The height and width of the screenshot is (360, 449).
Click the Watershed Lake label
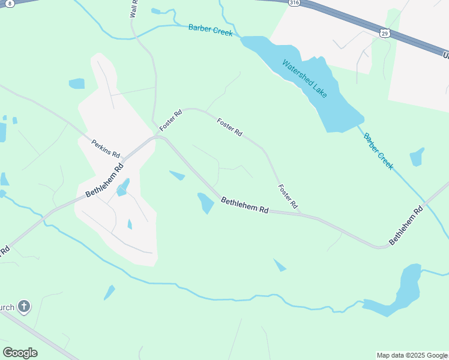pyautogui.click(x=305, y=78)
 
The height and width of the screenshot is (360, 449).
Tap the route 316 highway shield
pyautogui.click(x=294, y=3)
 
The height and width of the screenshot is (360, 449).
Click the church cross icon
pyautogui.click(x=23, y=307)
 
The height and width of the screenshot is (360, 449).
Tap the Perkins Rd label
pyautogui.click(x=106, y=148)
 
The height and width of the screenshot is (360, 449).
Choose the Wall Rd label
pyautogui.click(x=134, y=8)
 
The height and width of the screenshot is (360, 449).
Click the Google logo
pyautogui.click(x=20, y=353)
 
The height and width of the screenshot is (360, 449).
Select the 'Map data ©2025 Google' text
pyautogui.click(x=412, y=355)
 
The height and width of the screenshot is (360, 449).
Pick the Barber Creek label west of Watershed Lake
pyautogui.click(x=210, y=29)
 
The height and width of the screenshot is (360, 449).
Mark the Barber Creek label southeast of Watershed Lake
pyautogui.click(x=378, y=151)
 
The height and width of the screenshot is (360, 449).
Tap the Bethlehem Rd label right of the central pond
pyautogui.click(x=244, y=205)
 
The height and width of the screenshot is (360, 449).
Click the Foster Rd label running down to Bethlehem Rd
pyautogui.click(x=288, y=196)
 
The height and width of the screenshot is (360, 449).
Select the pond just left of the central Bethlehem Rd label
pyautogui.click(x=205, y=202)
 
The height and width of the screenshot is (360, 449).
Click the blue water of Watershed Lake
pyautogui.click(x=336, y=108)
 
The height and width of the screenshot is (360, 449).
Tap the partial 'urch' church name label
pyautogui.click(x=7, y=308)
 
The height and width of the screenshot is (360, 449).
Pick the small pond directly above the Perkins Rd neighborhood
pyautogui.click(x=77, y=83)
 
